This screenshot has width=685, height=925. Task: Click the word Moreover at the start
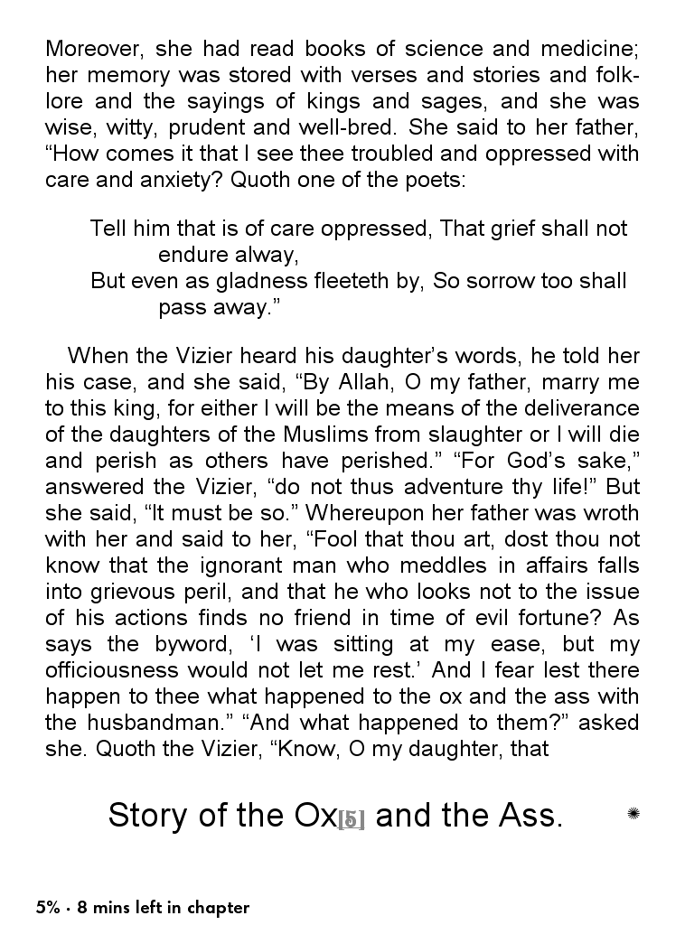pos(89,49)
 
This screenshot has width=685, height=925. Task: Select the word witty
pos(124,127)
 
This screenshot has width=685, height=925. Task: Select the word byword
pos(204,644)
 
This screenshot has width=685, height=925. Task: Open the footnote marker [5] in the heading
pos(351,820)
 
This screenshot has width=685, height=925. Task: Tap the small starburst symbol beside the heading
pos(633,814)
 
